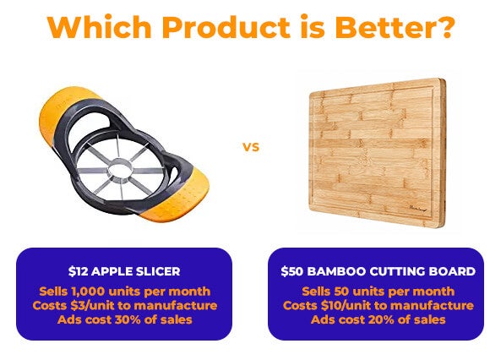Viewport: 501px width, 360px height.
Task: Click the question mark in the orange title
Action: [444, 26]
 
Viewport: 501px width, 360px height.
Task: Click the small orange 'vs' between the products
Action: [251, 147]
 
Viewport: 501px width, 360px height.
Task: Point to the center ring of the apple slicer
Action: [120, 168]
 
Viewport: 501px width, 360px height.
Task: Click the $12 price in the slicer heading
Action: [78, 271]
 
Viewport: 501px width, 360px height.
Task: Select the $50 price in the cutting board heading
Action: [292, 271]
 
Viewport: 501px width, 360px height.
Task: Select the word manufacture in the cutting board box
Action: [432, 306]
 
